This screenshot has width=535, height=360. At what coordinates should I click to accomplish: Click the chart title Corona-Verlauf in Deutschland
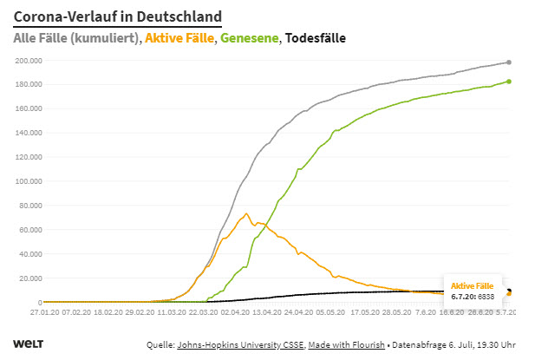click(117, 16)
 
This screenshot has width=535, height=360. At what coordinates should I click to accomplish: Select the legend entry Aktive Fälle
click(179, 38)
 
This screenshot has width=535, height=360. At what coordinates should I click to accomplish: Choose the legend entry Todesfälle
click(316, 38)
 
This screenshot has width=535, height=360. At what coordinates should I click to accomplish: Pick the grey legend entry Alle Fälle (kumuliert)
click(76, 38)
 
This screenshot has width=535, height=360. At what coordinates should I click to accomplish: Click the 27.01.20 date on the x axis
click(43, 311)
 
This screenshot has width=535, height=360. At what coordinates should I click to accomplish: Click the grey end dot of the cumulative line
click(508, 62)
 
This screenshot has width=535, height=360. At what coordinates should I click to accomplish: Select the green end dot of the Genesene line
click(508, 82)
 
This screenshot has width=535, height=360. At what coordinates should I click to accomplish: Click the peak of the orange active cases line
click(246, 213)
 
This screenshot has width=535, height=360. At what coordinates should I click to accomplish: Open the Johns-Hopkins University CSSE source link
click(232, 345)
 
